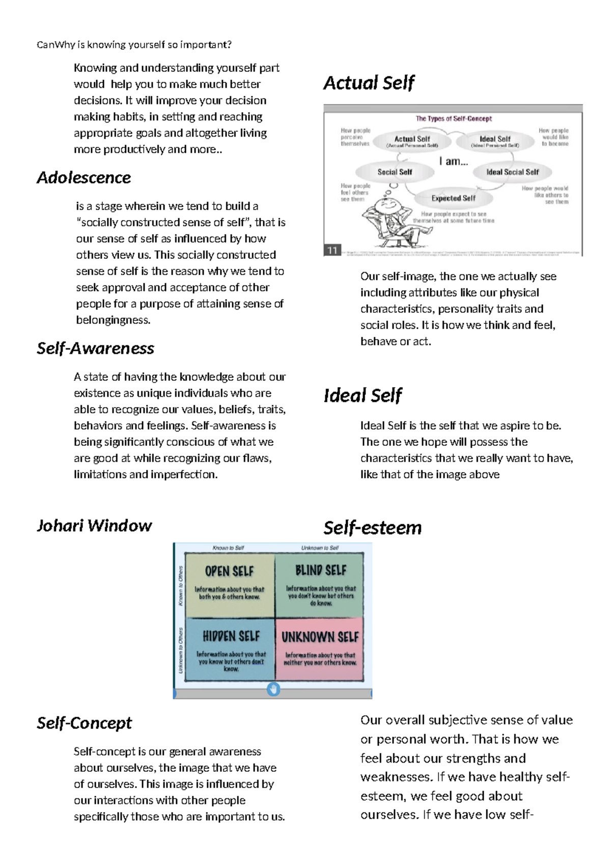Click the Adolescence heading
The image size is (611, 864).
tap(84, 178)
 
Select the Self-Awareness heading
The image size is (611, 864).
tap(96, 348)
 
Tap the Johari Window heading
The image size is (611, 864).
tap(95, 526)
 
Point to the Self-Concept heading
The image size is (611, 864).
tap(85, 723)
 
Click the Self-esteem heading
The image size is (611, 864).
tap(373, 528)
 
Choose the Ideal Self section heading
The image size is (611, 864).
tap(363, 395)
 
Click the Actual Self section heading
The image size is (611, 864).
tap(369, 83)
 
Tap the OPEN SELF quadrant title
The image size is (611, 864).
tap(229, 571)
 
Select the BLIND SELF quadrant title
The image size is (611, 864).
tap(321, 571)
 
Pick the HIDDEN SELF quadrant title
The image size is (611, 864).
tap(231, 636)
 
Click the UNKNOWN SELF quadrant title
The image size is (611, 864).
tap(320, 637)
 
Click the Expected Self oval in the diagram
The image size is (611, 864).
tap(453, 198)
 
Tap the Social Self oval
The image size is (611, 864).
tap(395, 172)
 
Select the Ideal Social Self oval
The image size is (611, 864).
tap(512, 172)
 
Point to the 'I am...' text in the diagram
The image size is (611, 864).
tap(454, 161)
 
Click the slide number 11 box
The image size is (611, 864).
tap(332, 250)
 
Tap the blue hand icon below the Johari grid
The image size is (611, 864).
tap(273, 689)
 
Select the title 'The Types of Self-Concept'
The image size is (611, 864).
tap(454, 119)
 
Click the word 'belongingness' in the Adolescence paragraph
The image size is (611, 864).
tap(113, 320)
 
